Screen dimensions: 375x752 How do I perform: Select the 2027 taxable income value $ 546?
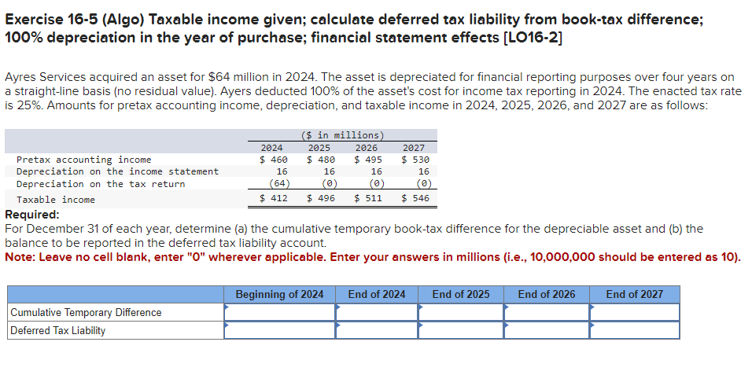pyautogui.click(x=415, y=199)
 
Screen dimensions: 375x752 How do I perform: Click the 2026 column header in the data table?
pyautogui.click(x=367, y=148)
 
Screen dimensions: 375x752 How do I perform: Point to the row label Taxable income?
pyautogui.click(x=56, y=200)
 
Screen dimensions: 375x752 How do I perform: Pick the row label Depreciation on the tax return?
pyautogui.click(x=101, y=184)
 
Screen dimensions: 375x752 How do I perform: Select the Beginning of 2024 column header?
pyautogui.click(x=279, y=295)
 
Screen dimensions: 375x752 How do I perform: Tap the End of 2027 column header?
pyautogui.click(x=634, y=295)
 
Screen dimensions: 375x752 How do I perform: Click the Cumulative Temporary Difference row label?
pyautogui.click(x=86, y=313)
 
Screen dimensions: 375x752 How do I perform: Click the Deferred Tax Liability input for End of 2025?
pyautogui.click(x=461, y=331)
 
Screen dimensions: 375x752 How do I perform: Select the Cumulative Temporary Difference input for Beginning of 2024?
pyautogui.click(x=279, y=313)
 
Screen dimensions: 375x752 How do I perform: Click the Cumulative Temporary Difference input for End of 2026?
pyautogui.click(x=547, y=313)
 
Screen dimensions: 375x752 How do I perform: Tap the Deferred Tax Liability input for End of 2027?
pyautogui.click(x=634, y=331)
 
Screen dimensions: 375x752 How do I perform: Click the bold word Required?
pyautogui.click(x=32, y=215)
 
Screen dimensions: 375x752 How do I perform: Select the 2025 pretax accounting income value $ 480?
pyautogui.click(x=321, y=160)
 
